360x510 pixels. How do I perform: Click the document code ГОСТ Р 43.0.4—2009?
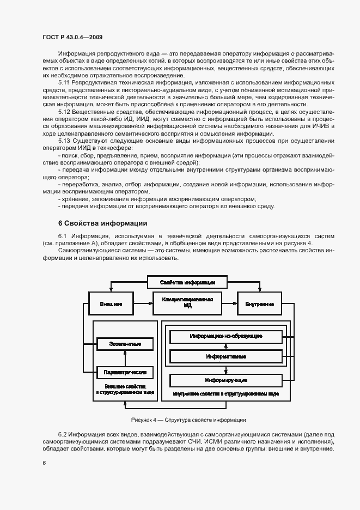pyautogui.click(x=72, y=37)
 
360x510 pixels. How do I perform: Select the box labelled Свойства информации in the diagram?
pyautogui.click(x=187, y=282)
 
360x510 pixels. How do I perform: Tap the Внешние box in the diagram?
pyautogui.click(x=111, y=303)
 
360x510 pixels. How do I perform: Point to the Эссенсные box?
pyautogui.click(x=125, y=344)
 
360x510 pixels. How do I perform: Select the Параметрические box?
pyautogui.click(x=125, y=373)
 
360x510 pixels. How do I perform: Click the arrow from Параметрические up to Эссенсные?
pyautogui.click(x=125, y=359)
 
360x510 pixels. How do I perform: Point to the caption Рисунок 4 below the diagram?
pyautogui.click(x=188, y=420)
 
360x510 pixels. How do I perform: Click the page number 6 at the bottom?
pyautogui.click(x=44, y=462)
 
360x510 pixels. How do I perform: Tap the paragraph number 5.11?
pyautogui.click(x=64, y=81)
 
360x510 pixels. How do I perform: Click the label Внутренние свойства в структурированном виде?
pyautogui.click(x=226, y=393)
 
